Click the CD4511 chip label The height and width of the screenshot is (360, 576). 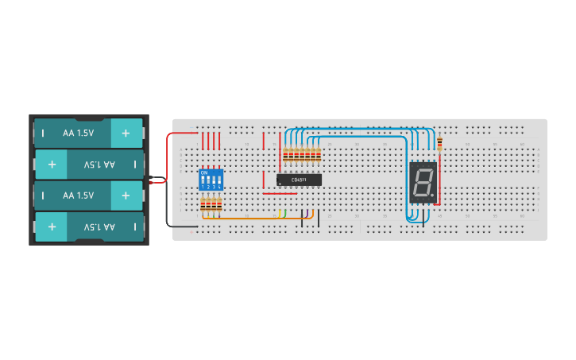click(x=300, y=180)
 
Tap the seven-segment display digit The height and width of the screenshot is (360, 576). click(x=423, y=182)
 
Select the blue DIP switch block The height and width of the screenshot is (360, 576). click(x=210, y=179)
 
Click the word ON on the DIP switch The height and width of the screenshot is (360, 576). click(x=204, y=172)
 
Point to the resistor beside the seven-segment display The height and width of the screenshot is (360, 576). click(x=440, y=143)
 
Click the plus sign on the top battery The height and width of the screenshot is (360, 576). click(x=126, y=134)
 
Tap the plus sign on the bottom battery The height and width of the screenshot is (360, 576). click(x=51, y=226)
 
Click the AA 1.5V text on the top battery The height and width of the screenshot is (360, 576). click(x=78, y=134)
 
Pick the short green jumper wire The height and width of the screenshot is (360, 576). click(x=283, y=213)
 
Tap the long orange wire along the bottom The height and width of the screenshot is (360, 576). click(x=254, y=217)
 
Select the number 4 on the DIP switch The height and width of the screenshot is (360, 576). click(x=218, y=186)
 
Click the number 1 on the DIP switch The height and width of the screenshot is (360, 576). click(x=203, y=186)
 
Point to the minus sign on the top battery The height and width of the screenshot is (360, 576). click(x=44, y=134)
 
